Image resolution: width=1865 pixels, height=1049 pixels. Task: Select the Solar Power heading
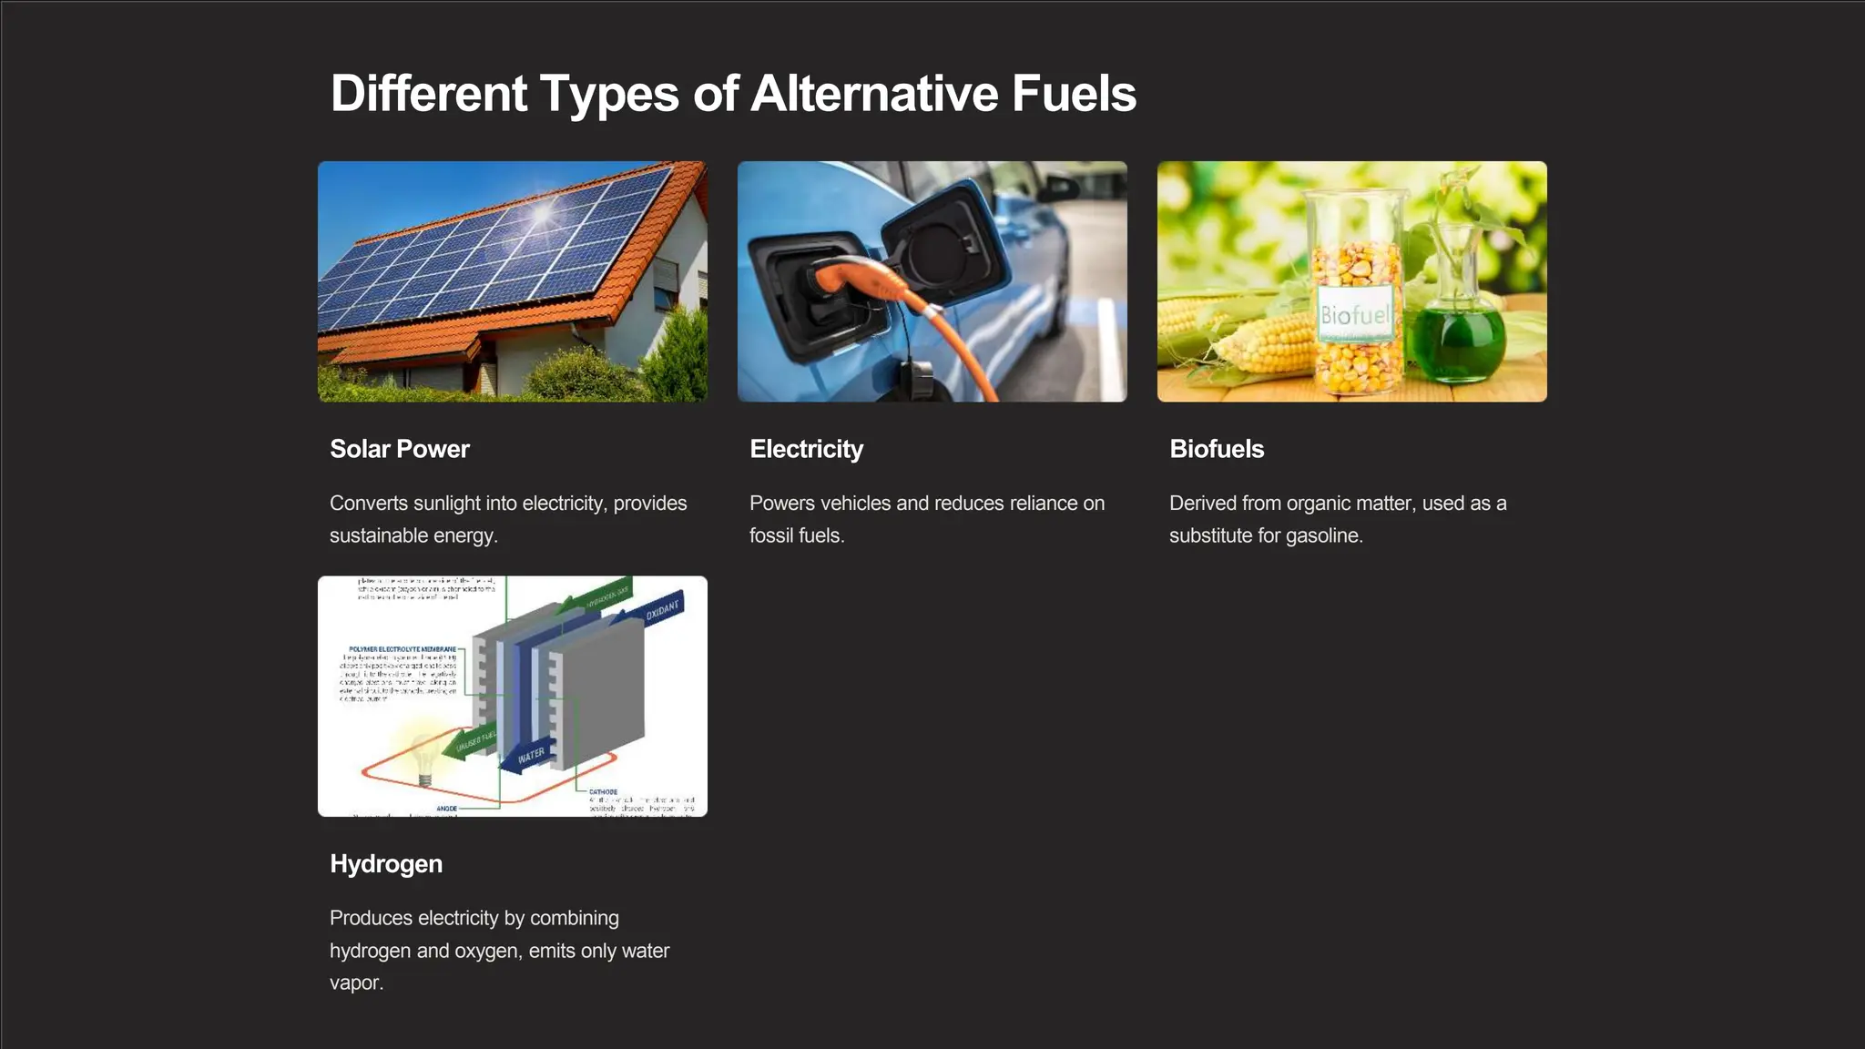399,449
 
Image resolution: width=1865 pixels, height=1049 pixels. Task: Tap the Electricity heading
806,449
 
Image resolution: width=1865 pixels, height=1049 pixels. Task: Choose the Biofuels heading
1216,449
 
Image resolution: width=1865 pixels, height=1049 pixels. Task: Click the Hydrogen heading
385,863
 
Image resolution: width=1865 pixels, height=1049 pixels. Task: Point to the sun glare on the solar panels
542,213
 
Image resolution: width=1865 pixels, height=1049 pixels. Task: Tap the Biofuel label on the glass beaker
1355,315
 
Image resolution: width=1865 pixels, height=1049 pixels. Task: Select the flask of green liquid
1455,341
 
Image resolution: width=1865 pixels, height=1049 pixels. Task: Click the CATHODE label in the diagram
603,792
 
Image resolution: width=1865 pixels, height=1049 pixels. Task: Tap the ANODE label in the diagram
446,809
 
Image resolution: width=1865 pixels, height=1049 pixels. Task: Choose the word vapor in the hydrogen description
355,983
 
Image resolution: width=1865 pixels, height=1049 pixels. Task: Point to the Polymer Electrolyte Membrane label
403,649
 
